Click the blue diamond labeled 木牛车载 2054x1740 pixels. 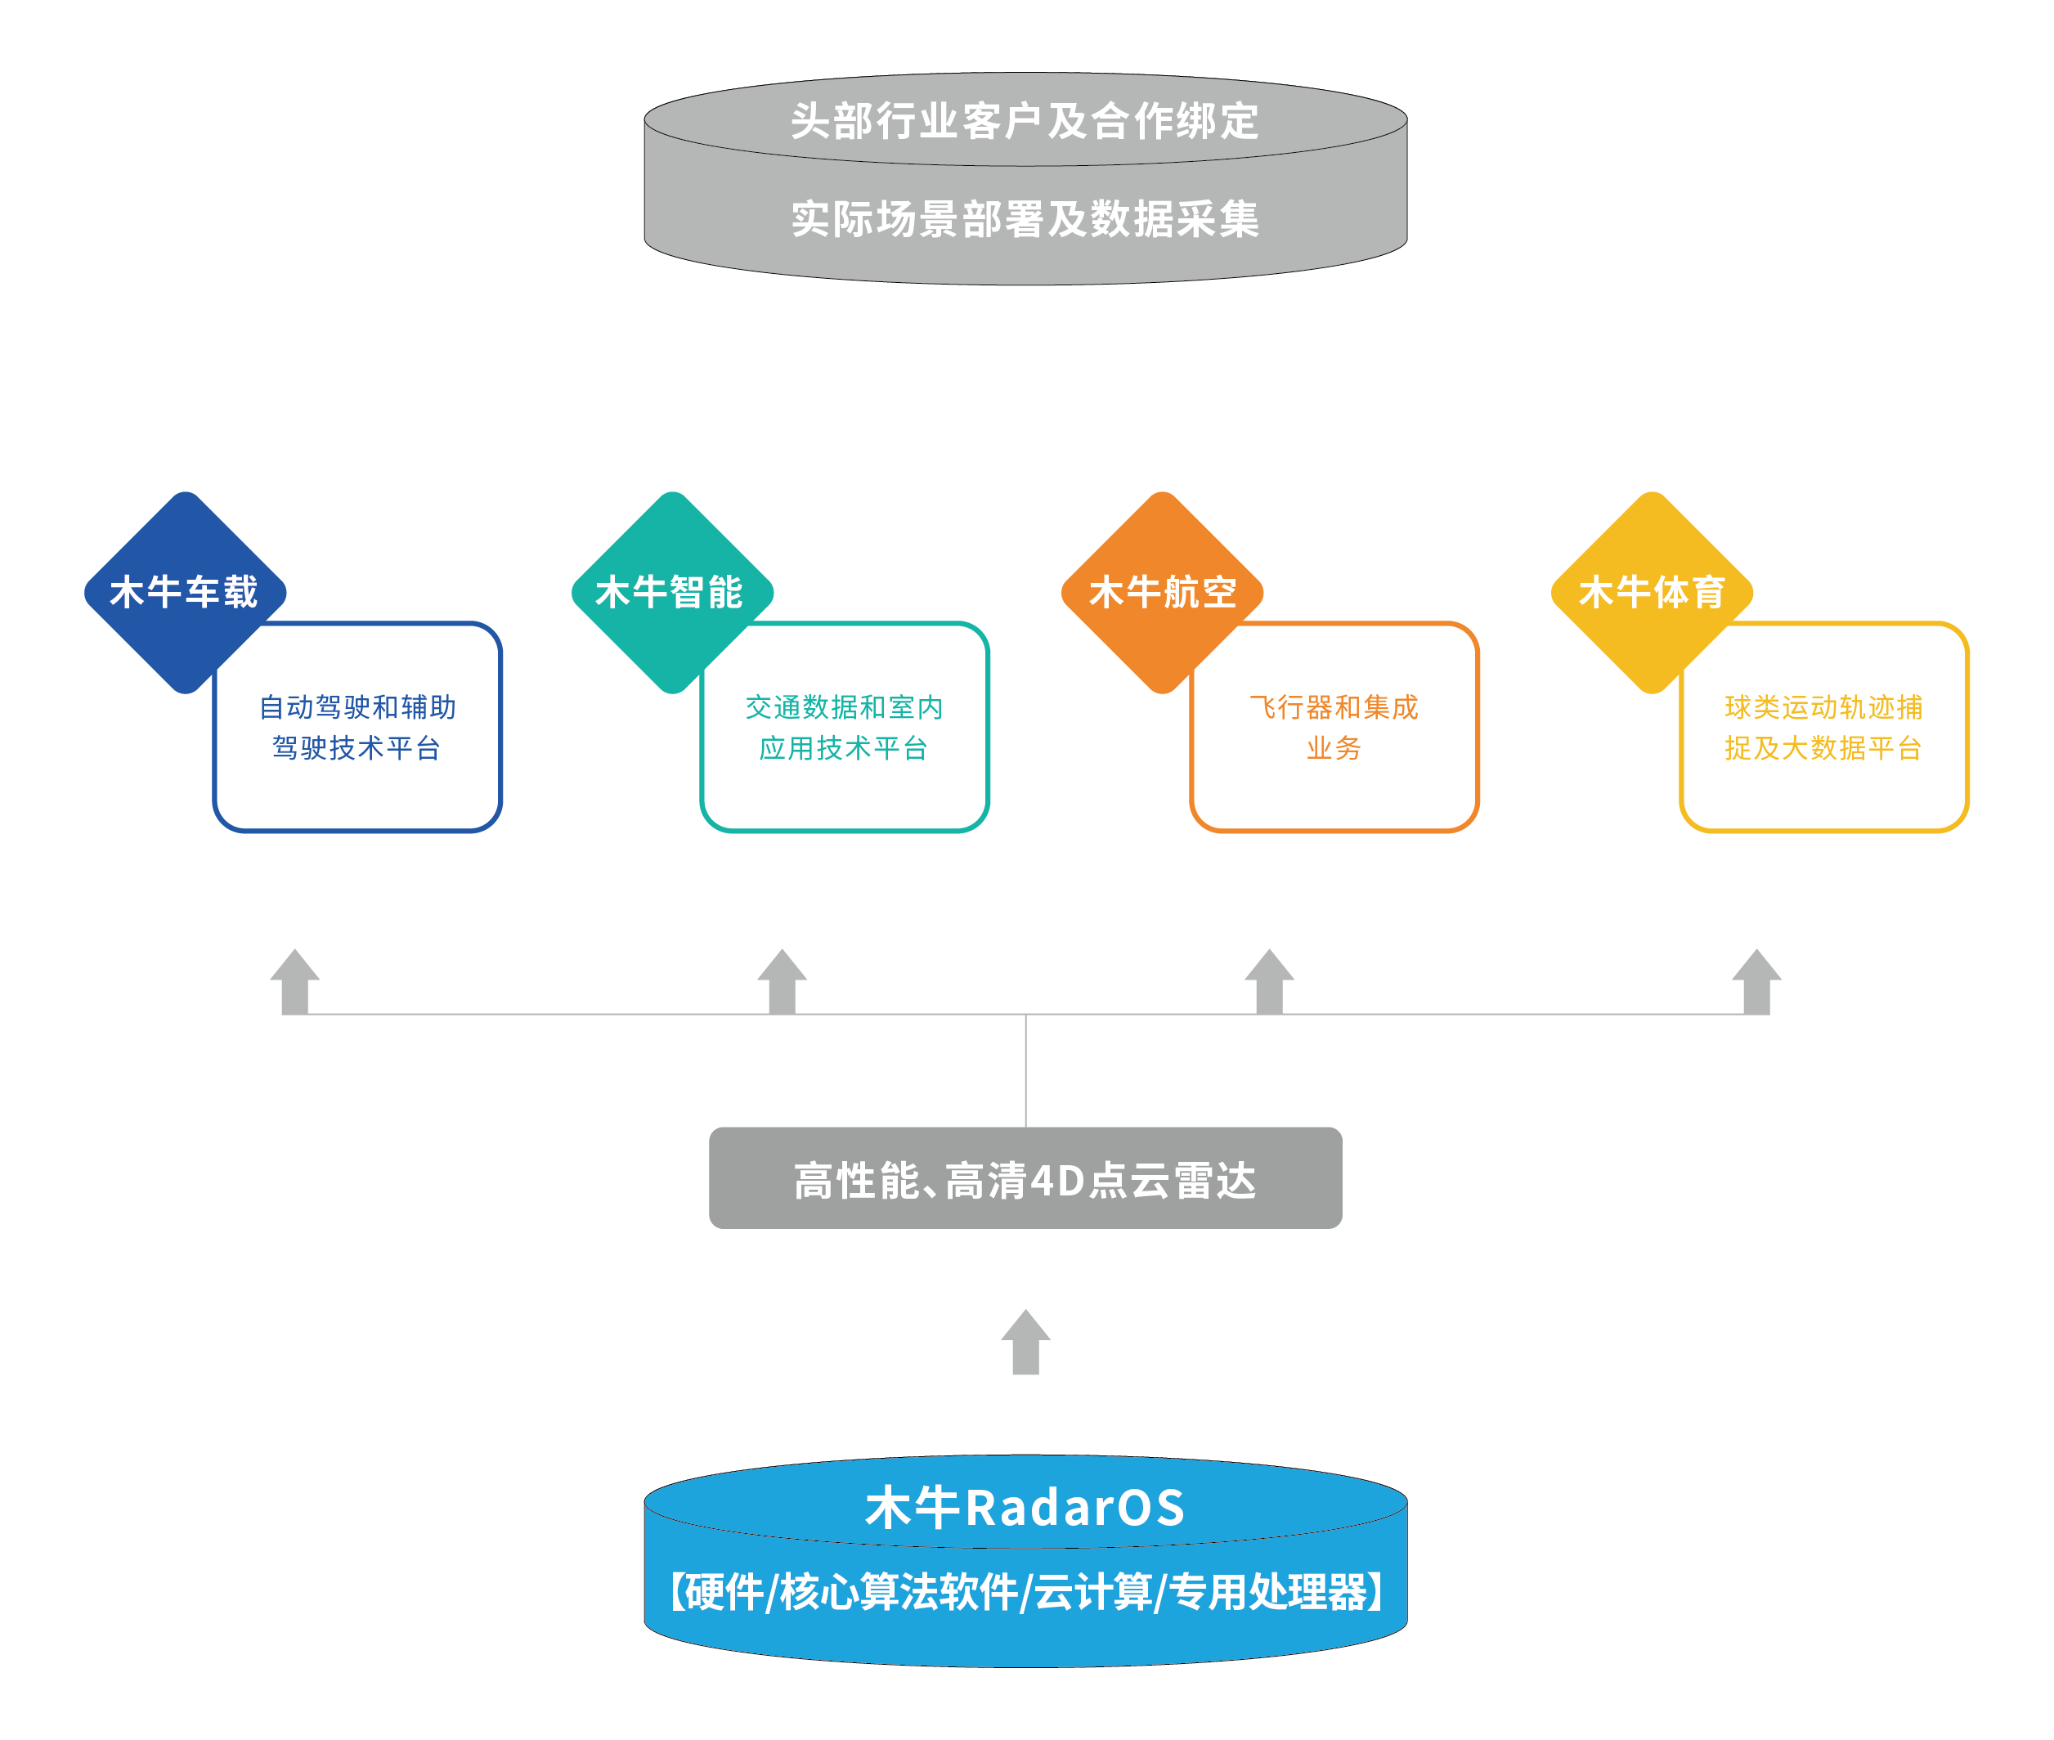[x=185, y=592]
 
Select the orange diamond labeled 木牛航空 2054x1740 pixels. [x=1162, y=592]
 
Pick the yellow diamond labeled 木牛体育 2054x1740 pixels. [x=1652, y=592]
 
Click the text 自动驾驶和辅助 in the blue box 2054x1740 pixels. [x=357, y=707]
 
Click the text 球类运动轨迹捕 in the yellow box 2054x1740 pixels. [x=1823, y=707]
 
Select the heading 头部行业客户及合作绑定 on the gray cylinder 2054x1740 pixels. [x=1025, y=121]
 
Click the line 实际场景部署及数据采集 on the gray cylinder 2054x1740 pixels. [x=1025, y=219]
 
